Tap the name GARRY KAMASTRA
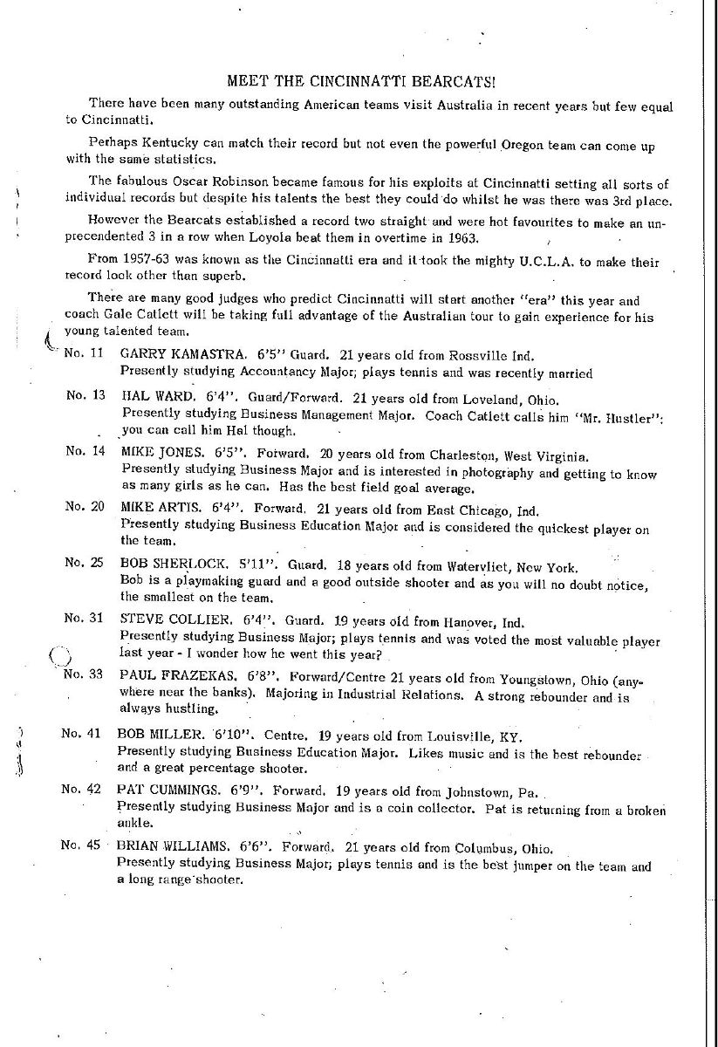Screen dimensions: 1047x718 168,356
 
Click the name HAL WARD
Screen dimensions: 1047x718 150,394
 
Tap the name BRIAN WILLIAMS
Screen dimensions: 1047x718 170,846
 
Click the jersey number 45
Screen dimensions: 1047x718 95,845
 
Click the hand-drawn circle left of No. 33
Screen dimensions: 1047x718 58,657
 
